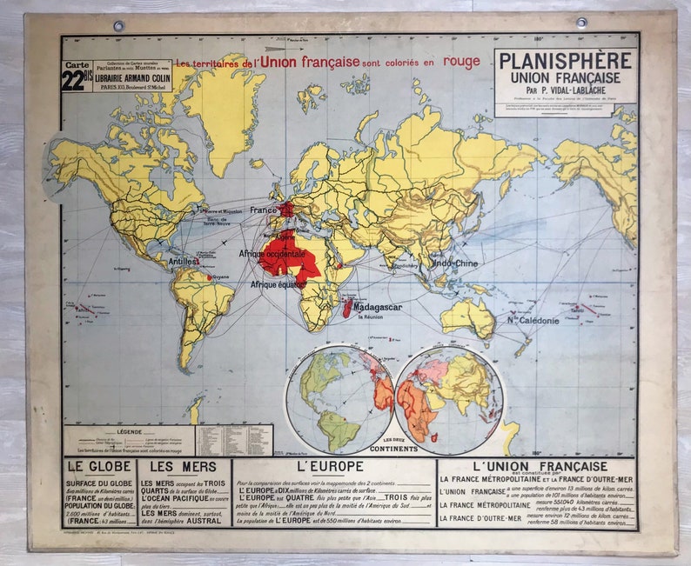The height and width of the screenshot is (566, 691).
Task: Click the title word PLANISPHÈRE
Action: pos(565,62)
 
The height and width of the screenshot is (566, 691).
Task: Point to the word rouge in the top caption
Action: pos(461,62)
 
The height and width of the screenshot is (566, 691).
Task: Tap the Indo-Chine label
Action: pos(454,262)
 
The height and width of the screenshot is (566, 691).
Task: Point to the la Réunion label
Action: pos(370,318)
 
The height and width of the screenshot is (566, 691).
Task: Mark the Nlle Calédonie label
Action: pos(533,321)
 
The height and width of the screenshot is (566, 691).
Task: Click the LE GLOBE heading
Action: pos(98,467)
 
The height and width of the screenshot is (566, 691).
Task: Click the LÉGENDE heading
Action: pos(128,431)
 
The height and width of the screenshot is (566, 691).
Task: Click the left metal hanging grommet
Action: pos(118,25)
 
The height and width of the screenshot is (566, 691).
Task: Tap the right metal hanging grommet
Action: pos(581,23)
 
